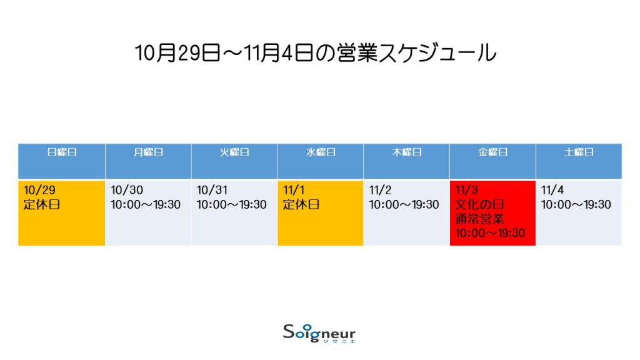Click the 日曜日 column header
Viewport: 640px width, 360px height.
pyautogui.click(x=62, y=152)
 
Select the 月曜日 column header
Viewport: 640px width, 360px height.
pyautogui.click(x=148, y=152)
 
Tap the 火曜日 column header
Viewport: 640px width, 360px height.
pyautogui.click(x=234, y=152)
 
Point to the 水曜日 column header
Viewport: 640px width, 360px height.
pyautogui.click(x=321, y=152)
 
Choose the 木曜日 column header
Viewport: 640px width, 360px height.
pyautogui.click(x=406, y=152)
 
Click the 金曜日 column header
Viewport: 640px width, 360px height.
pyautogui.click(x=492, y=152)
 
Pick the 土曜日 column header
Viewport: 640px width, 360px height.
pyautogui.click(x=579, y=152)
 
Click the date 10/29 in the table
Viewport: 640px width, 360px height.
pyautogui.click(x=39, y=190)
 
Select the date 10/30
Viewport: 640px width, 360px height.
pyautogui.click(x=126, y=190)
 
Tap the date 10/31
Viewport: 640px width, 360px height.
pyautogui.click(x=212, y=190)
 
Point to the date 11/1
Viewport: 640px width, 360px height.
pyautogui.click(x=294, y=190)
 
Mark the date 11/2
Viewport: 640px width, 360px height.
pyautogui.click(x=380, y=190)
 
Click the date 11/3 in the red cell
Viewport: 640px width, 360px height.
pyautogui.click(x=466, y=190)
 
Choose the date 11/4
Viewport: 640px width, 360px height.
pyautogui.click(x=552, y=190)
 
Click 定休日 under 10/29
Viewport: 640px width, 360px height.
pyautogui.click(x=42, y=204)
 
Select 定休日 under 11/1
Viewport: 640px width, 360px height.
pyautogui.click(x=301, y=204)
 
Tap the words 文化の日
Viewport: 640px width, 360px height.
pyautogui.click(x=479, y=204)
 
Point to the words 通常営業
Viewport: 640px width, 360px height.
pyautogui.click(x=479, y=219)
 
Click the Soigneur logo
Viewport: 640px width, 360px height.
pyautogui.click(x=319, y=333)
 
